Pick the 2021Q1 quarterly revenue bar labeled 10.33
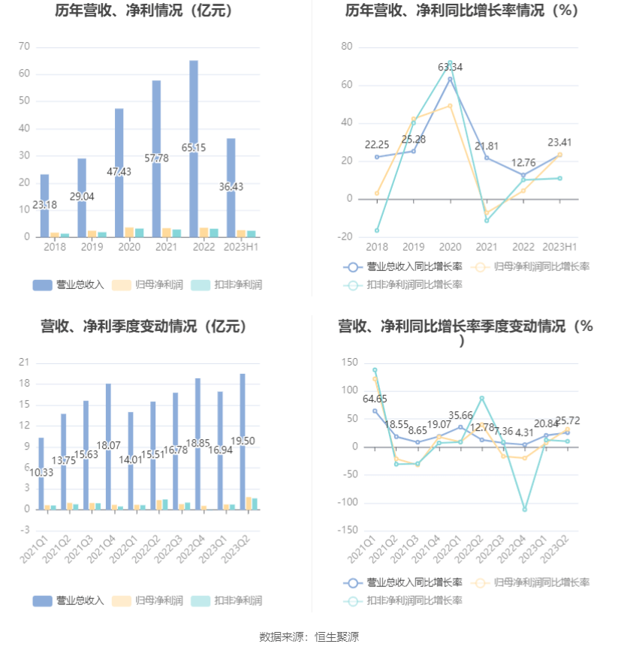[41, 473]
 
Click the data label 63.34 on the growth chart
[451, 67]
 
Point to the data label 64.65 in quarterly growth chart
[375, 399]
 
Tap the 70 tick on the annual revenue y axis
[24, 47]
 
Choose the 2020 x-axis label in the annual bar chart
[129, 247]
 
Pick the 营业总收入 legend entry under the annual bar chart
[70, 284]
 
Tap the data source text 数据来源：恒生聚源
[309, 636]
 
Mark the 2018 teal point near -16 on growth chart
[377, 230]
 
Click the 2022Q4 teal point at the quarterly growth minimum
[525, 509]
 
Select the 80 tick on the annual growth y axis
[347, 47]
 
